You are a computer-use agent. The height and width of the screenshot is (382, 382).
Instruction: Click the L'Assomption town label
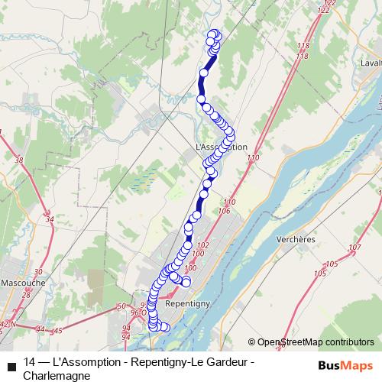222,147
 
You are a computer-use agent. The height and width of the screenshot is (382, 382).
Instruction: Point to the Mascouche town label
22,281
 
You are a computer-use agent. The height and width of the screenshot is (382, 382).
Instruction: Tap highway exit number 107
353,248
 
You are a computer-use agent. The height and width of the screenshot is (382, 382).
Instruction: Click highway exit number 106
224,210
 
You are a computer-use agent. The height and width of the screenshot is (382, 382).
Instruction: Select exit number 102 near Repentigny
202,245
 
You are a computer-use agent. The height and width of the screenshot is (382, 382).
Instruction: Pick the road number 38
19,160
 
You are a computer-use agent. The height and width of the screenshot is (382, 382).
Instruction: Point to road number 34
50,219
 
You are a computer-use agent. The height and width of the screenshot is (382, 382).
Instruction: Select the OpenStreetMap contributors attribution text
316,342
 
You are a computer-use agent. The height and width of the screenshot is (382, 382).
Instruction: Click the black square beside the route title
11,364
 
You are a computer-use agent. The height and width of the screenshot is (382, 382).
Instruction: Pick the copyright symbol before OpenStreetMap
252,342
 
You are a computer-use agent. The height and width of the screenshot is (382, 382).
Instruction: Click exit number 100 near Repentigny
191,268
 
